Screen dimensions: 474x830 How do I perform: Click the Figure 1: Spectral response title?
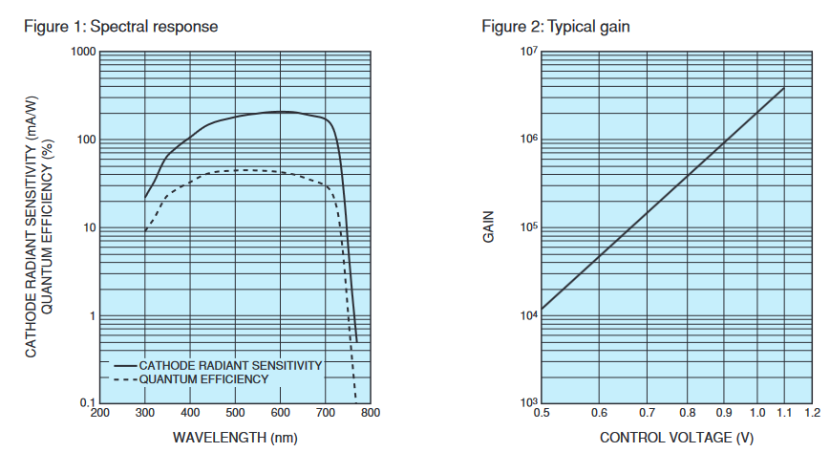coord(120,27)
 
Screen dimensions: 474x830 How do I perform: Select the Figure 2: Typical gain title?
coord(556,27)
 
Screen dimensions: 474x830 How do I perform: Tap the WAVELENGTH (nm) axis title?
coord(234,437)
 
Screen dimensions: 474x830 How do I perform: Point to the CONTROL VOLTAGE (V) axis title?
coord(675,437)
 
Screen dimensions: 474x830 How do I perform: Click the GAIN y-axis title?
coord(487,227)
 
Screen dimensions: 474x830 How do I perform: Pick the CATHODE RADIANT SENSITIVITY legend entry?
coord(229,365)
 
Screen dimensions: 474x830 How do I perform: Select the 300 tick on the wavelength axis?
coord(145,413)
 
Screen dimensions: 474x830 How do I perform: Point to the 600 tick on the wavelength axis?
coord(281,413)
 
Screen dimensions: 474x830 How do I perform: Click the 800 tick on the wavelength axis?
coord(371,413)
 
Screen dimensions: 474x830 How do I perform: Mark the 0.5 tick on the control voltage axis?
coord(542,413)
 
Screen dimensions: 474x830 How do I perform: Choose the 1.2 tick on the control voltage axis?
coord(813,413)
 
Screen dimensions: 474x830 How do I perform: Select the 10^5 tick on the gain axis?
coord(528,227)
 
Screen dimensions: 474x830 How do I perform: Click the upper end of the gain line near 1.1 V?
coord(784,88)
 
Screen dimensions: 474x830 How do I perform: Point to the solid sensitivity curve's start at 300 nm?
coord(145,198)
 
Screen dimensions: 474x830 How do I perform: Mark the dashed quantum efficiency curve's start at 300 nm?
coord(145,230)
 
